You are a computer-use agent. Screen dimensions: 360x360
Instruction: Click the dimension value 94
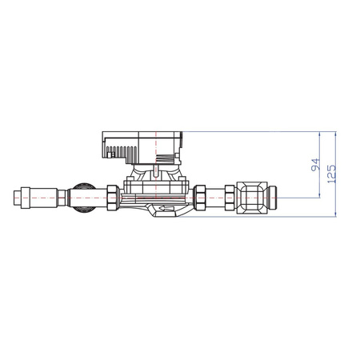[314, 166]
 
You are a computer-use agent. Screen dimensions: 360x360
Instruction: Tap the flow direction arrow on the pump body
[164, 210]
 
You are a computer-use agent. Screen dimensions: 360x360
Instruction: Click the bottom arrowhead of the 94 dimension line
[320, 192]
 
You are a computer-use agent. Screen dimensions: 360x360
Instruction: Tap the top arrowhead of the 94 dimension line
[320, 134]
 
